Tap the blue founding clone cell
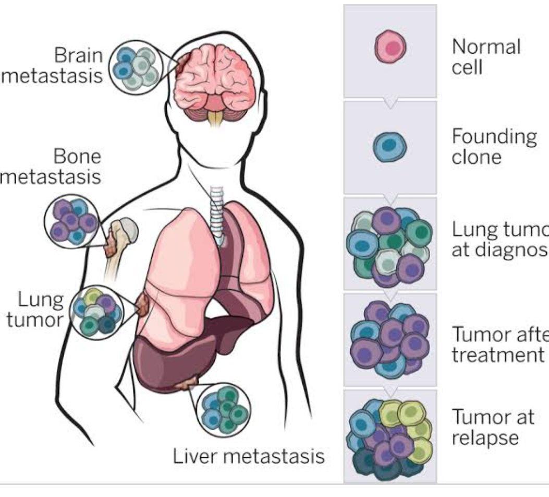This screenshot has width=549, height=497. tap(389, 148)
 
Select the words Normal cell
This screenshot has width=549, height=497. tap(486, 56)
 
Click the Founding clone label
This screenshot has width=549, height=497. tap(493, 147)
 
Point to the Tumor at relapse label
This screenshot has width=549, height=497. tap(492, 427)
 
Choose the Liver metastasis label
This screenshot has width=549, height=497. tap(249, 457)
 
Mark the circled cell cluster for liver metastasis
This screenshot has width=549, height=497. tap(225, 408)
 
